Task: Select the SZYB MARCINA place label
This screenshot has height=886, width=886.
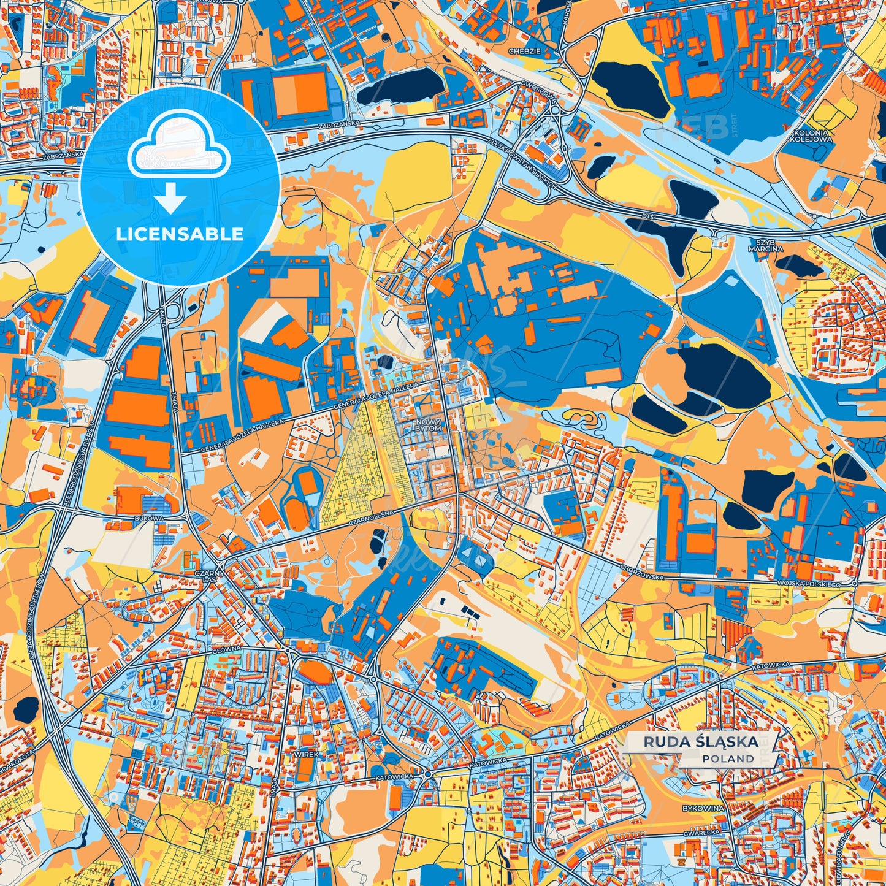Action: point(765,245)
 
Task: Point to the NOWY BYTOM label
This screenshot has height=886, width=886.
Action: point(428,425)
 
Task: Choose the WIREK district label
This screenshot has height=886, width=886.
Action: point(306,754)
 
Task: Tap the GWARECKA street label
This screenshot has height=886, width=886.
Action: point(703,833)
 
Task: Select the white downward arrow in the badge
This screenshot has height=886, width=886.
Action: point(171,200)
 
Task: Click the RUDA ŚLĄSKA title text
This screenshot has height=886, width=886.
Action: point(700,742)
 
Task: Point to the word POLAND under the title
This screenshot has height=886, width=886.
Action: point(728,758)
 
